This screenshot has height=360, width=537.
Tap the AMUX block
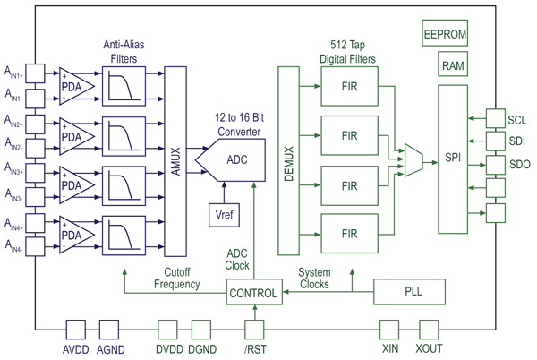pyautogui.click(x=175, y=162)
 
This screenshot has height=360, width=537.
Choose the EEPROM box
pyautogui.click(x=445, y=35)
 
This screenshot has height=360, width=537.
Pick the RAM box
pyautogui.click(x=452, y=65)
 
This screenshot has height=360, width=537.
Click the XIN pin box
pyautogui.click(x=388, y=330)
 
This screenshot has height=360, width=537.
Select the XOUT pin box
pyautogui.click(x=428, y=330)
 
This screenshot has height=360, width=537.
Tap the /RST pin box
pyautogui.click(x=255, y=330)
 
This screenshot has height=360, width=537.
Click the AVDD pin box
pyautogui.click(x=75, y=330)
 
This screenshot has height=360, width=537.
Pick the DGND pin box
pyautogui.click(x=201, y=330)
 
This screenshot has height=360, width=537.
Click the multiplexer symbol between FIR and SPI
pyautogui.click(x=414, y=159)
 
